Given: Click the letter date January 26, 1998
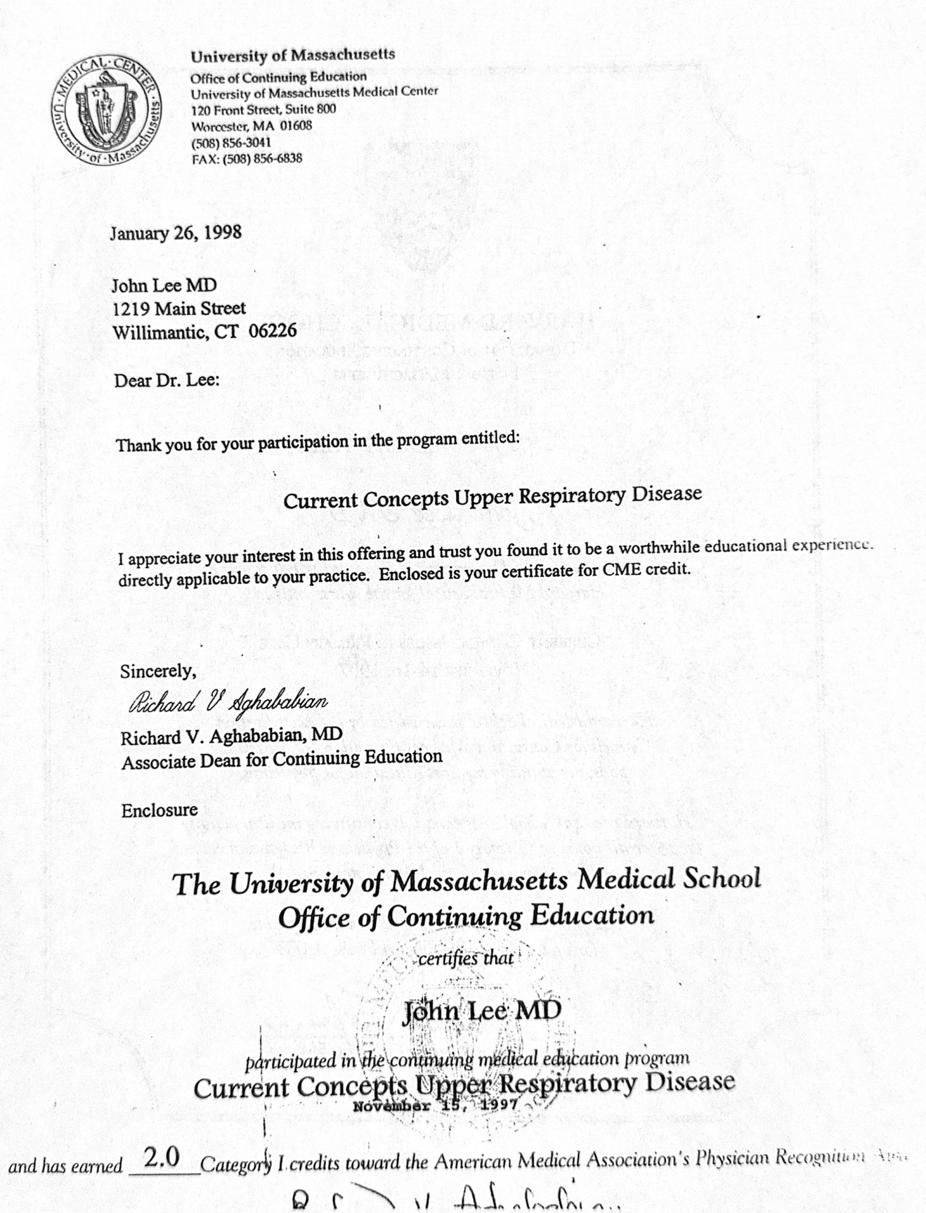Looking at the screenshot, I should click(176, 233).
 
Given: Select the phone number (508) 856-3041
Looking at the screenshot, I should click(231, 142).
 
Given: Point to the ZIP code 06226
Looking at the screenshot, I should click(273, 330).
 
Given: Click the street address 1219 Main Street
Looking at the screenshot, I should click(179, 309).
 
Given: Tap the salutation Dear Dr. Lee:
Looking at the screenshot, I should click(167, 381).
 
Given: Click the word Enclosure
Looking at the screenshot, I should click(159, 810).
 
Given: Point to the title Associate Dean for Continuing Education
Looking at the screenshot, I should click(282, 759).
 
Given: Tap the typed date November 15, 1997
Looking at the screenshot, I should click(436, 1106).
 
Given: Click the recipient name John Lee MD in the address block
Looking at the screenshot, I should click(164, 286).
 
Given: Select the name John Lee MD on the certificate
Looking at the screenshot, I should click(481, 1011).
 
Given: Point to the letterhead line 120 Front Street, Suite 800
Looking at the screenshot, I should click(263, 109).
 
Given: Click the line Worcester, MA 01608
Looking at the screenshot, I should click(251, 125).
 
